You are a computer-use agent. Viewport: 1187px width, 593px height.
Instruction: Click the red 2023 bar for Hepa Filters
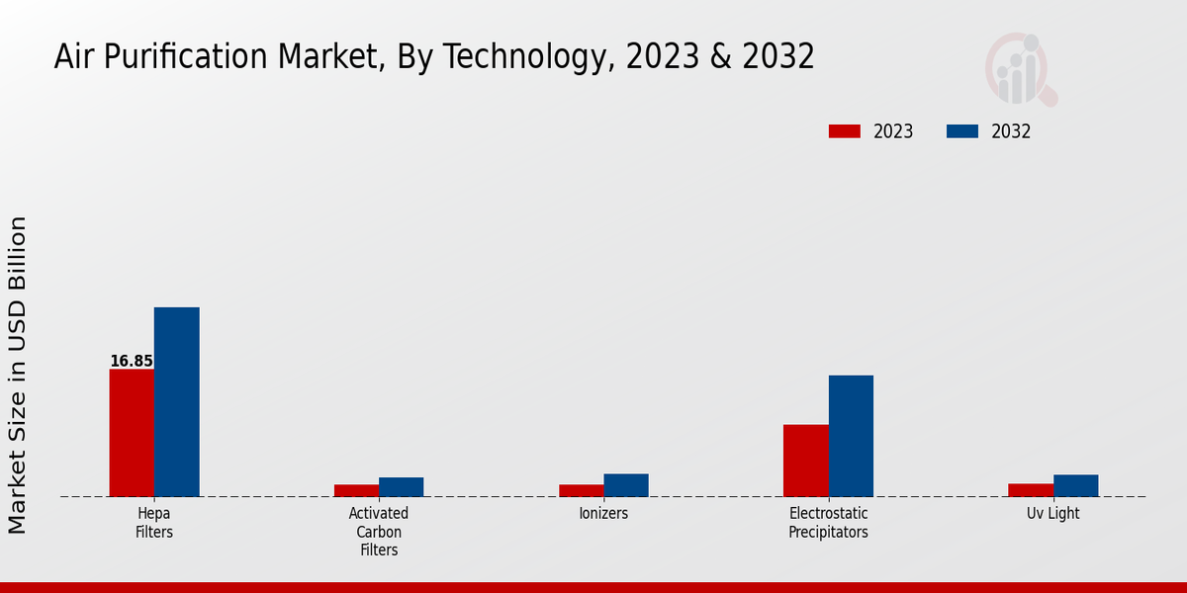tap(132, 433)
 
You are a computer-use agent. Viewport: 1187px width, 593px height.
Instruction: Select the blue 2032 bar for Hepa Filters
tap(176, 402)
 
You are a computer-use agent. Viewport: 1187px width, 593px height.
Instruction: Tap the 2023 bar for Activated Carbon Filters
tap(356, 490)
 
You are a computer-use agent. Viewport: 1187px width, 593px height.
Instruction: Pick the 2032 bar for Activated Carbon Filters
tap(401, 487)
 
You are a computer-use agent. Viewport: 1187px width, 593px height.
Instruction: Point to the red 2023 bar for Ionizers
tap(581, 490)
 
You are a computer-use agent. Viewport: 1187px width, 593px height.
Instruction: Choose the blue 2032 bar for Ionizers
tap(626, 485)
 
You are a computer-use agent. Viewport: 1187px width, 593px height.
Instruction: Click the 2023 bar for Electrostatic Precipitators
tap(805, 461)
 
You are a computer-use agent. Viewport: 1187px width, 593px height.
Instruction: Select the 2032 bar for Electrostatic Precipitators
tap(851, 436)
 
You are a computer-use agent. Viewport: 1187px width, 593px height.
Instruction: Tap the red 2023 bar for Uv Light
tap(1031, 490)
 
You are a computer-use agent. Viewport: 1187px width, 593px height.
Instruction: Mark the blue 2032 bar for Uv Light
tap(1075, 485)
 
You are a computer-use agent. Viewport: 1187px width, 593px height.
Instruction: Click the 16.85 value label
tap(132, 362)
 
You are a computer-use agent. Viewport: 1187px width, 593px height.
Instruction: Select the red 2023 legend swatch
tap(845, 131)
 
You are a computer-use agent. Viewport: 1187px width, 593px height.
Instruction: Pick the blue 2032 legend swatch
tap(962, 131)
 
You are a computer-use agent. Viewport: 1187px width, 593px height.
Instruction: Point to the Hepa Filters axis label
tap(154, 523)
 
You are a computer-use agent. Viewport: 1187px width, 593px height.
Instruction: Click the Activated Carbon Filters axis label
tap(379, 532)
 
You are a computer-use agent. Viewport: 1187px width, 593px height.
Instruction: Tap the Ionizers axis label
tap(603, 514)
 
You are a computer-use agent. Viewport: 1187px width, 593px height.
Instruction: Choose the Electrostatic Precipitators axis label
tap(828, 523)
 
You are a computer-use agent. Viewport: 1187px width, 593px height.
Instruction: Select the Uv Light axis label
tap(1052, 514)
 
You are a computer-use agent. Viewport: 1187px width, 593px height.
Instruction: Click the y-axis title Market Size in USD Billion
tap(18, 376)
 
